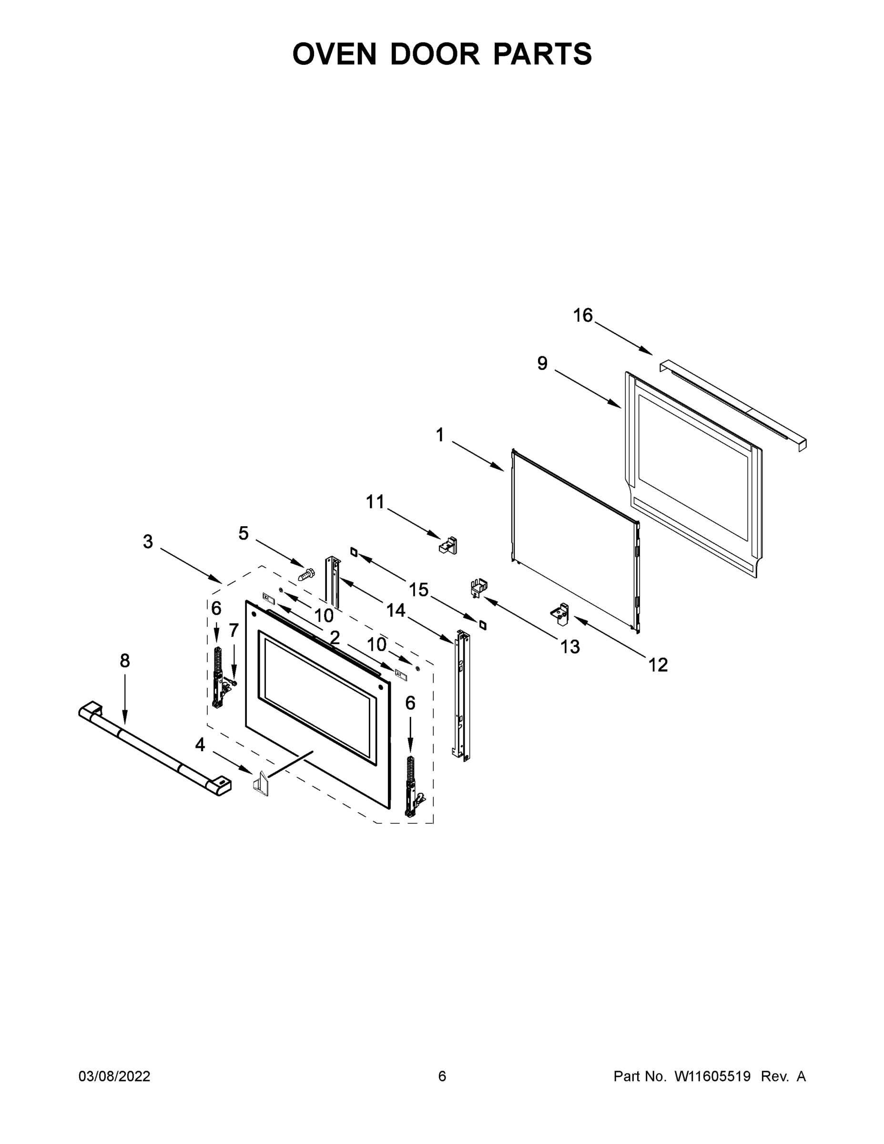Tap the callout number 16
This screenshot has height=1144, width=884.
(x=582, y=316)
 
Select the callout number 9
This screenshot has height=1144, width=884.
(x=542, y=363)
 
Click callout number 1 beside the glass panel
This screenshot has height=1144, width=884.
(x=440, y=434)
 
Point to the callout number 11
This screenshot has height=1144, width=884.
(x=375, y=502)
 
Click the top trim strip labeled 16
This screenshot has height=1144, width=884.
(x=733, y=404)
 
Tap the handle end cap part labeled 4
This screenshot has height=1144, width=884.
(x=262, y=784)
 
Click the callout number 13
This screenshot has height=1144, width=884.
(x=570, y=647)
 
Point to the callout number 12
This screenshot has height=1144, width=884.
(x=658, y=665)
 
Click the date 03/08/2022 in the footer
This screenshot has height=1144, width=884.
(x=114, y=1076)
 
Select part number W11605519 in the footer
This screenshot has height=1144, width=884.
(x=712, y=1076)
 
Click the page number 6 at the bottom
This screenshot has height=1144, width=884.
(x=442, y=1076)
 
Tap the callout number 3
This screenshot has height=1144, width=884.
(x=148, y=541)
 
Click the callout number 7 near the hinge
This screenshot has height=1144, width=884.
(x=234, y=630)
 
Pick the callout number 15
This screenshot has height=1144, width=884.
(x=418, y=590)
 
